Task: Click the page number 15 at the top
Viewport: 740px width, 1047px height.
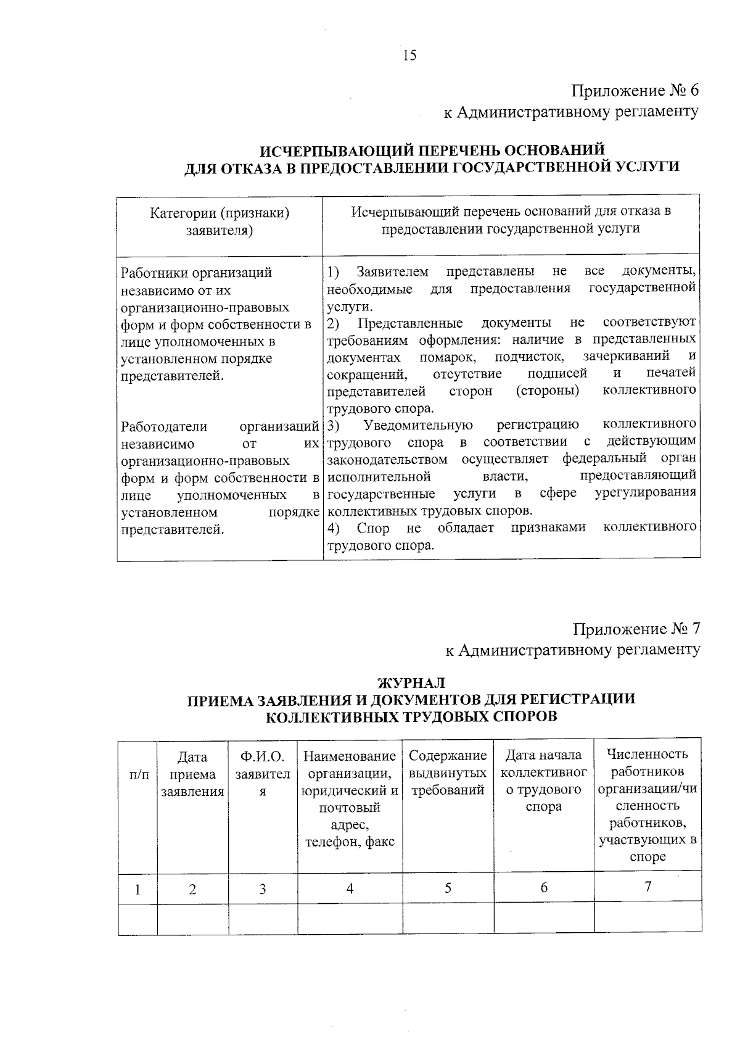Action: pos(409,56)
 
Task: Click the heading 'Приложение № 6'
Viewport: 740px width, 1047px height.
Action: pos(635,91)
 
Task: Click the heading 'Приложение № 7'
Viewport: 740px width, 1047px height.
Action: pos(636,629)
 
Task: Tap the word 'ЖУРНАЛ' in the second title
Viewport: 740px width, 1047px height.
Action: pos(410,682)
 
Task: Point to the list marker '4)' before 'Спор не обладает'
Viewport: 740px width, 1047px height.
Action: pos(334,528)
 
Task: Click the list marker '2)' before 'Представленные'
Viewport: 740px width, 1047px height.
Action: pos(334,323)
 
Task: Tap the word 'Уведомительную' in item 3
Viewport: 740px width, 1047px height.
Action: pos(418,425)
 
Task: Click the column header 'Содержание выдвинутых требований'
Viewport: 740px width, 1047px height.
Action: pos(448,773)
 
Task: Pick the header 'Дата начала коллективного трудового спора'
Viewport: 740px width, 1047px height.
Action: pos(543,780)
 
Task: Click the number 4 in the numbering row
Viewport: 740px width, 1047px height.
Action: pos(350,888)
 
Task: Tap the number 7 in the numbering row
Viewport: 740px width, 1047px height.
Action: pos(647,887)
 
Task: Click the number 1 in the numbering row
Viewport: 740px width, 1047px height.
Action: pos(138,889)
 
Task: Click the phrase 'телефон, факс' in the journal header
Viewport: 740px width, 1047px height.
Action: pos(350,842)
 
